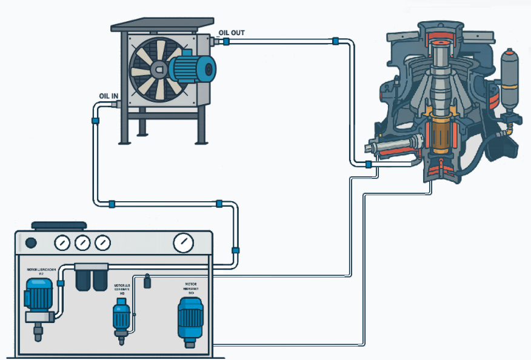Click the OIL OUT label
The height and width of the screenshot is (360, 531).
tap(232, 33)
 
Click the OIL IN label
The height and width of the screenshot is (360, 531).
tap(109, 96)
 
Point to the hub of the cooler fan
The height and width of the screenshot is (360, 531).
tap(159, 69)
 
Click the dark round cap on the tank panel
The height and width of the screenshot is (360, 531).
tap(30, 244)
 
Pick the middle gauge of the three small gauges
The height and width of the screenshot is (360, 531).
tap(82, 244)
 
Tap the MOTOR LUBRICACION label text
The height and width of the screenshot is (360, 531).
tap(41, 270)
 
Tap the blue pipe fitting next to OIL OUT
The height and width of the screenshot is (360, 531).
tap(225, 42)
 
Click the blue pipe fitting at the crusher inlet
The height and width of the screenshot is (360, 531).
tap(368, 164)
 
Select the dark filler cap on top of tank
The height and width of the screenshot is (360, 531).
tap(55, 225)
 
